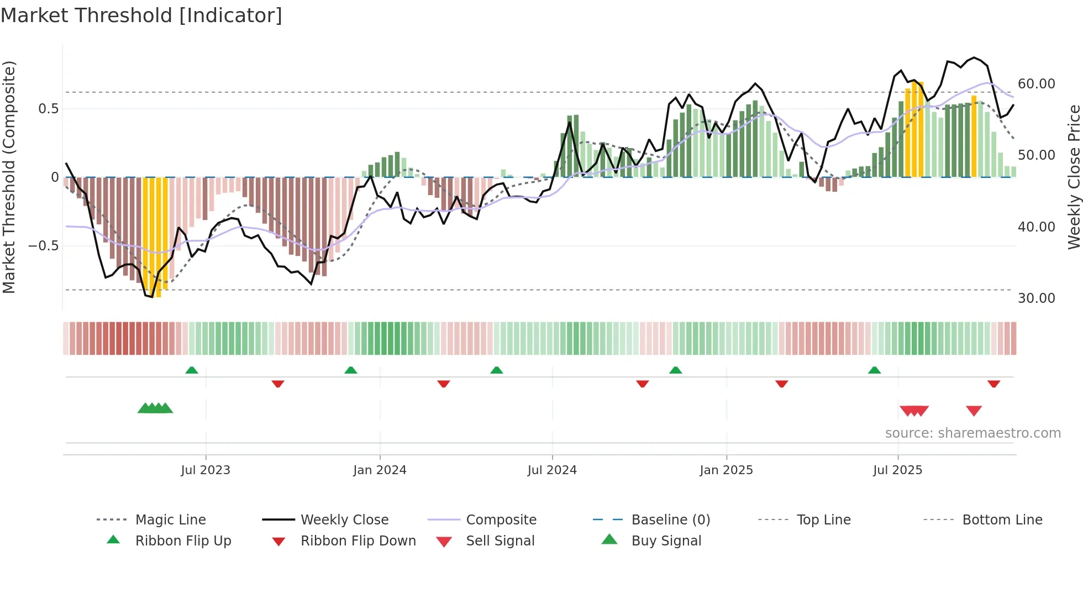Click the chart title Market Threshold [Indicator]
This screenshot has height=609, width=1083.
(x=141, y=15)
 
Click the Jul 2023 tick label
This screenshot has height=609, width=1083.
(x=206, y=470)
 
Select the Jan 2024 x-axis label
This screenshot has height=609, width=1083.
(x=380, y=470)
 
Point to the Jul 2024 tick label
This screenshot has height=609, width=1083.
(x=552, y=470)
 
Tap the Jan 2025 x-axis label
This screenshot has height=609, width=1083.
(x=726, y=470)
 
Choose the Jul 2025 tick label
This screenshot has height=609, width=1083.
(x=898, y=470)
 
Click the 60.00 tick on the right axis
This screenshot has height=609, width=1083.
(x=1037, y=84)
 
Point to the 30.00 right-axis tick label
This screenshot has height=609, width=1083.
(x=1037, y=298)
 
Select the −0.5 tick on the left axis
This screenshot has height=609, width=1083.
(x=44, y=246)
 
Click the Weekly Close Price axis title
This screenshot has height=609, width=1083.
(x=1074, y=177)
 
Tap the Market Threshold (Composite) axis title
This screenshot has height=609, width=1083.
(x=9, y=177)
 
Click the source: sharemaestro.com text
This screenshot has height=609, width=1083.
(x=972, y=433)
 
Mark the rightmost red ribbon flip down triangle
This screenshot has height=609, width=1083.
(x=993, y=384)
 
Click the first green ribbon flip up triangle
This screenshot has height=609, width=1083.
(x=192, y=370)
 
